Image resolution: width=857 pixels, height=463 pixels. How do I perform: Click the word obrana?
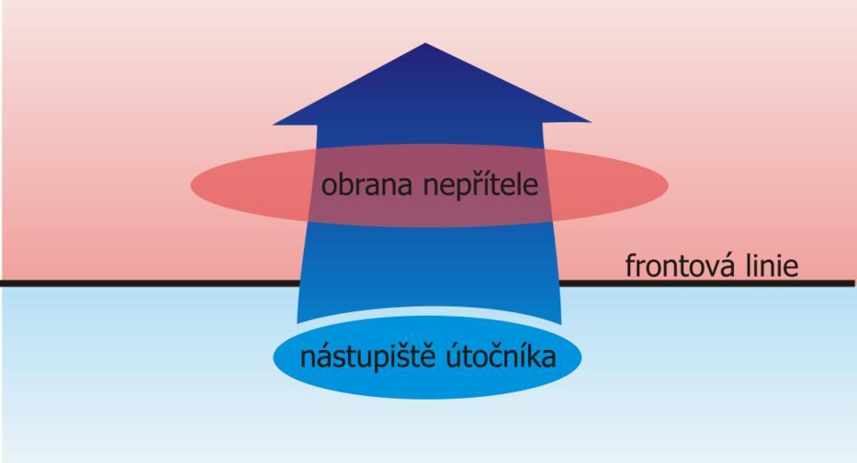click(x=366, y=186)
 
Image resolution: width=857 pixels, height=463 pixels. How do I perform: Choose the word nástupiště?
click(x=367, y=357)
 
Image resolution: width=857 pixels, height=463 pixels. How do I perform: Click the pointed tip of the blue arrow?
click(x=425, y=43)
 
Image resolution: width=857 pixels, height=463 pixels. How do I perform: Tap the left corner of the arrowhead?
click(x=273, y=125)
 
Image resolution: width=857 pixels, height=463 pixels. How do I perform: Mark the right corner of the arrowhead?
click(x=591, y=121)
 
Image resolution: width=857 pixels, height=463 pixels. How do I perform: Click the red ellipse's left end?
click(x=191, y=185)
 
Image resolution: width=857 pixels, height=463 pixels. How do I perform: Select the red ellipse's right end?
click(x=668, y=184)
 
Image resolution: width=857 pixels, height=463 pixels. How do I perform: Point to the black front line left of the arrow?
click(x=149, y=283)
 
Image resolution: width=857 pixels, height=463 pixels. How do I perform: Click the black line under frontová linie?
click(x=707, y=283)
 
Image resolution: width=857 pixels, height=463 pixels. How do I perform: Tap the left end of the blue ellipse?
click(x=273, y=357)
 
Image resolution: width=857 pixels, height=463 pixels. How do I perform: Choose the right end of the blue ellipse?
click(x=581, y=357)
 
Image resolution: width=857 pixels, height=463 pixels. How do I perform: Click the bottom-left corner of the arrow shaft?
click(x=297, y=323)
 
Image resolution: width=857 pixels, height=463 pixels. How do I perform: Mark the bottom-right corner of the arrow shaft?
click(x=561, y=324)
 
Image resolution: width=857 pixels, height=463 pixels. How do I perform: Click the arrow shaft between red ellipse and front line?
click(x=429, y=254)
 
